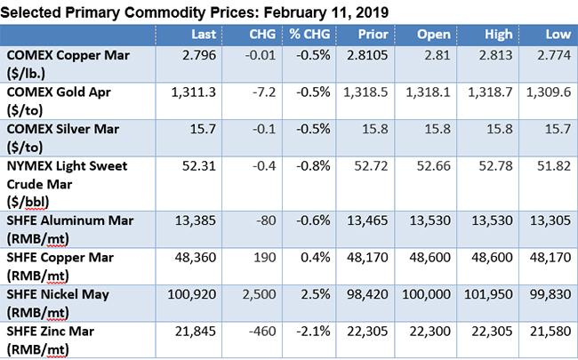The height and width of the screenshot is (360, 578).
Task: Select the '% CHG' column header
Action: click(x=316, y=35)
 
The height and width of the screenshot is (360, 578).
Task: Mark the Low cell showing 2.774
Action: click(x=552, y=55)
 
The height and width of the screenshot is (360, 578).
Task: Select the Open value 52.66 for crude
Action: click(x=436, y=165)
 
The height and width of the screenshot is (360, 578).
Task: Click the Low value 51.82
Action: click(x=552, y=165)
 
